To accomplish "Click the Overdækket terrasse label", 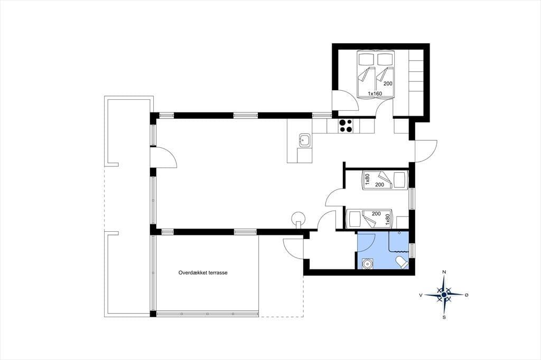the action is pyautogui.click(x=203, y=272).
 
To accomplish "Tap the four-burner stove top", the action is pyautogui.click(x=346, y=126).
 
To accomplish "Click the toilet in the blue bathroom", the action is pyautogui.click(x=403, y=262).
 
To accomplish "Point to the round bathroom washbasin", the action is pyautogui.click(x=368, y=264).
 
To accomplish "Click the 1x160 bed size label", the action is pyautogui.click(x=375, y=93).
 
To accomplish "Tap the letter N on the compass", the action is pyautogui.click(x=444, y=272).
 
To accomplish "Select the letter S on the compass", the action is pyautogui.click(x=444, y=317).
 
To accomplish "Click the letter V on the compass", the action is pyautogui.click(x=421, y=295).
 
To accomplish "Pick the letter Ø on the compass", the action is pyautogui.click(x=467, y=295).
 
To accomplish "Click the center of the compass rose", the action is pyautogui.click(x=444, y=295).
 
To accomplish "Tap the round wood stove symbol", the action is pyautogui.click(x=299, y=219).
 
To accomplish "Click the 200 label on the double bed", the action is pyautogui.click(x=388, y=83).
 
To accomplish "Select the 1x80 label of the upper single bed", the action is pyautogui.click(x=368, y=179).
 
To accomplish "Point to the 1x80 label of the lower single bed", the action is pyautogui.click(x=387, y=220).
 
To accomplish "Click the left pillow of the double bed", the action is pyautogui.click(x=366, y=59).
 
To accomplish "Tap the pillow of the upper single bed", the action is pyautogui.click(x=400, y=179).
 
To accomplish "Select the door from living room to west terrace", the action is pyautogui.click(x=164, y=157).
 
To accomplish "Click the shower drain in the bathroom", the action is pyautogui.click(x=399, y=233).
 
